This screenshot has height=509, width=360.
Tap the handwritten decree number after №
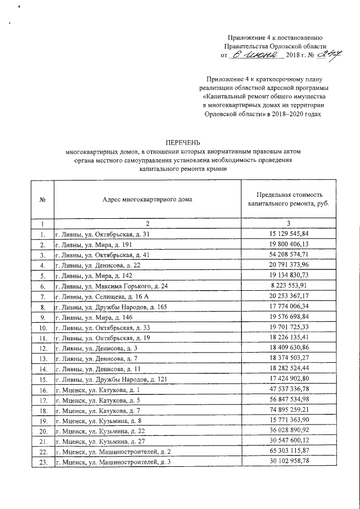click(x=316, y=55)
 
